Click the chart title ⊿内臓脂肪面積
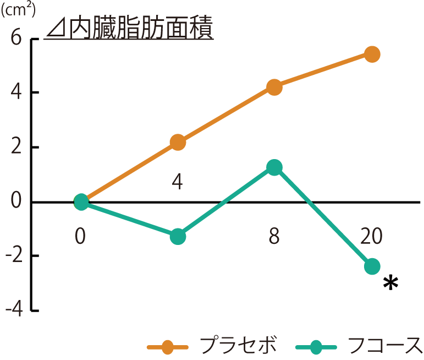130,28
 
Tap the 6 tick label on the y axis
16,39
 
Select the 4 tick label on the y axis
15,92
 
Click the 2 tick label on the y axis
16,147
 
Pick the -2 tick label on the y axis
13,256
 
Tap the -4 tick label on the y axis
13,310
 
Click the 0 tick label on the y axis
15,201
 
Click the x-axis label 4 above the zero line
177,182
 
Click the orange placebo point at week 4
178,143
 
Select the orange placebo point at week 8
274,87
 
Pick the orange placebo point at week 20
372,54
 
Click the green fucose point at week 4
178,237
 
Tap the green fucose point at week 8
274,167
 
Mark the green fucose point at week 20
372,266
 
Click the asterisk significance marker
390,283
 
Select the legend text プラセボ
238,346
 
